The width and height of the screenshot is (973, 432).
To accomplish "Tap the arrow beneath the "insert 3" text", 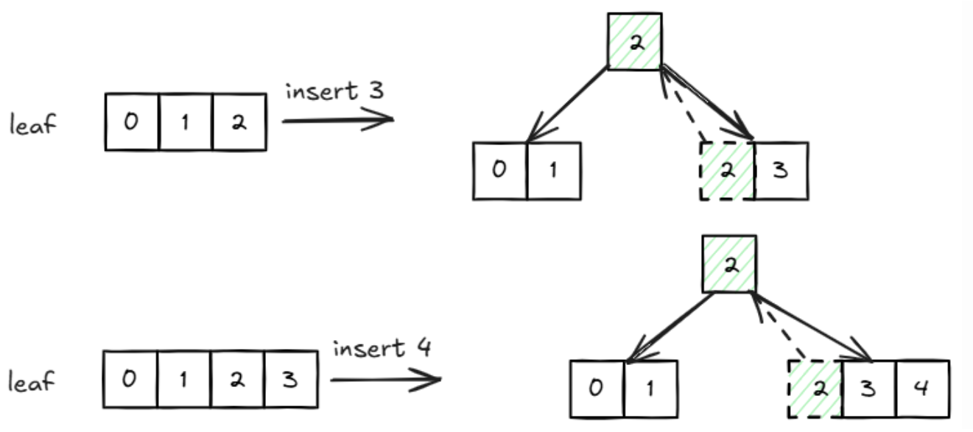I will pos(337,120).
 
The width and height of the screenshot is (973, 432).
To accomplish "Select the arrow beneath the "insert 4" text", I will pos(385,380).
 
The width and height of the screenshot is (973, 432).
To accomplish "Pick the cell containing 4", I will pos(922,389).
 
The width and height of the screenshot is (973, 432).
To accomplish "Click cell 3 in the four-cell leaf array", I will pos(291,380).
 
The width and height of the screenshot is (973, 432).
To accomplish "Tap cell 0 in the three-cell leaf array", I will pos(132,122).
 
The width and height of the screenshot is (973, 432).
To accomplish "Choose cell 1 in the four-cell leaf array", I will pos(184,380).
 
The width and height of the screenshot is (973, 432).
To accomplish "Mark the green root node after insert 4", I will pos(728,263).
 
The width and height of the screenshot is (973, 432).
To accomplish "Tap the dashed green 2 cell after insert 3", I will pos(727,171).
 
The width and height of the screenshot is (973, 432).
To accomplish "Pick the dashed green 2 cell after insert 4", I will pos(815,389).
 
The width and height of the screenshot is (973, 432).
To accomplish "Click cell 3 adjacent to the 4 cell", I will pos(869,389).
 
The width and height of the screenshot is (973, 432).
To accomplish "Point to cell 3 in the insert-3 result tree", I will pos(781,171).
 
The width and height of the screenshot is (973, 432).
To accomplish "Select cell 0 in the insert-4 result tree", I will pos(597,389).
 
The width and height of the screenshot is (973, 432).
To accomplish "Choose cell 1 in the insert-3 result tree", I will pos(554,171).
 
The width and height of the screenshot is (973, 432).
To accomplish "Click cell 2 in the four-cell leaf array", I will pos(238,380).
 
